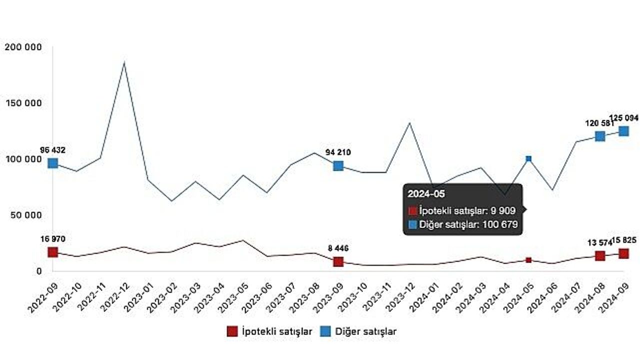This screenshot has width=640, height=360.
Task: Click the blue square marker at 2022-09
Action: tap(53, 163)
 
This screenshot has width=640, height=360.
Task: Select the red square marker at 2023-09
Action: tap(338, 261)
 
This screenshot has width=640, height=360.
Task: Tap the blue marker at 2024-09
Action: tap(624, 131)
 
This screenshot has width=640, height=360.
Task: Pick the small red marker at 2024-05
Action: tap(528, 260)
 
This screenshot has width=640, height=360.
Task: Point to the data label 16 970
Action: tap(53, 239)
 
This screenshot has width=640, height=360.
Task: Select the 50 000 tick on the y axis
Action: tap(25, 215)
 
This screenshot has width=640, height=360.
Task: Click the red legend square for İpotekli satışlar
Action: tap(232, 331)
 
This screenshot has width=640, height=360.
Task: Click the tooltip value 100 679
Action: tap(499, 225)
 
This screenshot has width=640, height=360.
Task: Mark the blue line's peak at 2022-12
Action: tap(124, 62)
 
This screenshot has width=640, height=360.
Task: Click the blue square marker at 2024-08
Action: tap(600, 136)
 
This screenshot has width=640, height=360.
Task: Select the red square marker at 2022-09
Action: tap(53, 252)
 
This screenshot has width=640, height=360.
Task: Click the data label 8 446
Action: tap(338, 248)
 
